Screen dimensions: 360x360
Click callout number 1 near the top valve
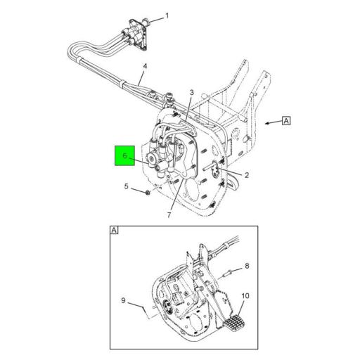167,15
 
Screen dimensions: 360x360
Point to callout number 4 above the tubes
144,67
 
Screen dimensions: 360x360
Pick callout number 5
127,187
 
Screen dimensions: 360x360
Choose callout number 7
169,214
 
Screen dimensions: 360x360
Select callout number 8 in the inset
247,266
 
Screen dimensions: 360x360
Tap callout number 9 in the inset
122,302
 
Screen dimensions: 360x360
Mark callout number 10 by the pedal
245,296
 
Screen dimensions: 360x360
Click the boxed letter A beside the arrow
286,120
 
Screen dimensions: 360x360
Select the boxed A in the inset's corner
114,231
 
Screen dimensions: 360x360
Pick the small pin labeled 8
228,271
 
